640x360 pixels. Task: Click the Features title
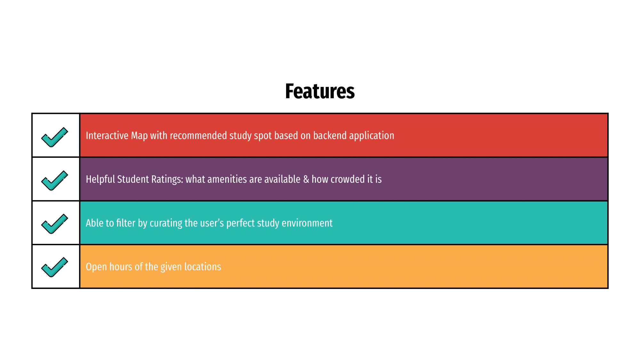coord(320,91)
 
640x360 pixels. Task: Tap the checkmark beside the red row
coord(54,137)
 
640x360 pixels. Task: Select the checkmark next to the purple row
coord(54,181)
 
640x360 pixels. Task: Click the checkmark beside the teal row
coord(54,224)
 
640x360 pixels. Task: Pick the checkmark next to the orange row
coord(54,267)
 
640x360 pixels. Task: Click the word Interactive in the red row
coord(107,136)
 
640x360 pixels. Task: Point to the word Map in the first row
coord(139,136)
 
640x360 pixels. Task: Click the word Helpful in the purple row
coord(100,179)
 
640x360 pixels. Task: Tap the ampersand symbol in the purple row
coord(306,179)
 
